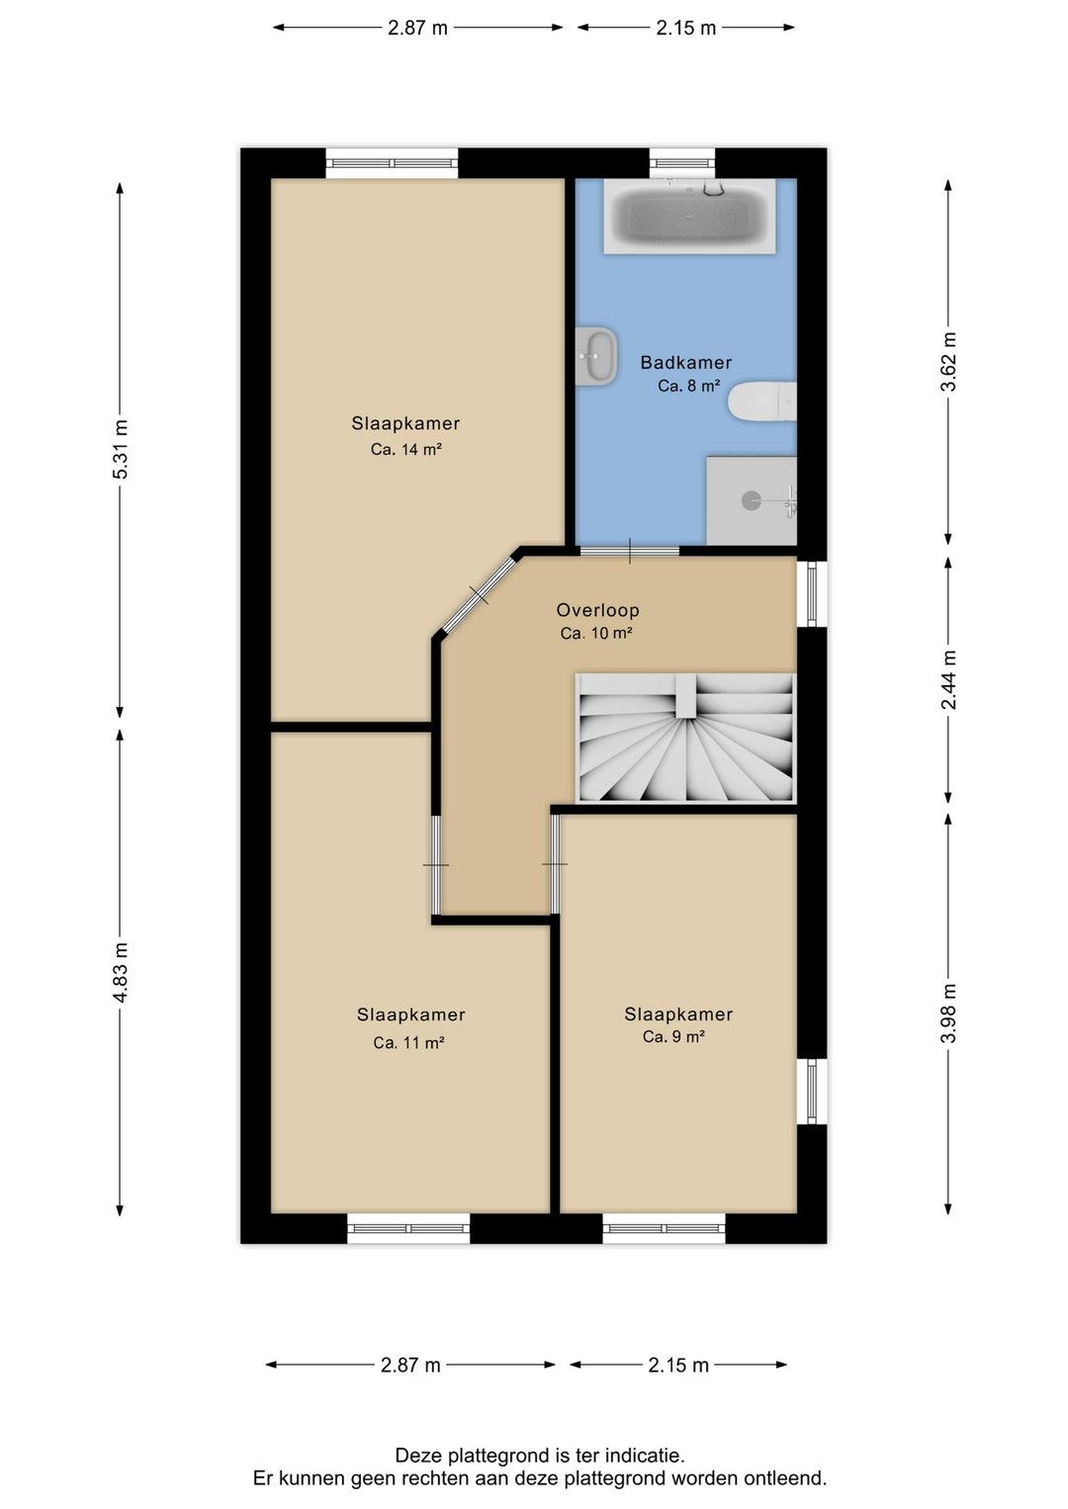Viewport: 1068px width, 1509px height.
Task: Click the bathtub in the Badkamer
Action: pos(689,217)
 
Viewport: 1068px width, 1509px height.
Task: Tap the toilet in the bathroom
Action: pos(762,401)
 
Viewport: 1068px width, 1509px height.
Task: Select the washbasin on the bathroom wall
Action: pos(596,356)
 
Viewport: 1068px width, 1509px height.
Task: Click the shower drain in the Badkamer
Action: pos(751,500)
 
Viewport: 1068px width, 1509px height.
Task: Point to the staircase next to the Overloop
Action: pos(686,739)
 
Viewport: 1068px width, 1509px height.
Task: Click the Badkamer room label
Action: pos(686,363)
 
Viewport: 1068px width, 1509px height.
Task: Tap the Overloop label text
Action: pos(597,610)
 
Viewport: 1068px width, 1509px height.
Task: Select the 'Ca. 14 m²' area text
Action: pos(405,449)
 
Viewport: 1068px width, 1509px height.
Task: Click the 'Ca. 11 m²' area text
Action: pos(408,1043)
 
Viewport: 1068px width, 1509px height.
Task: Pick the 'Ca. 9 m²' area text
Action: pos(673,1036)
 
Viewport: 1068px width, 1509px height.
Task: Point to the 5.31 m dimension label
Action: pos(121,449)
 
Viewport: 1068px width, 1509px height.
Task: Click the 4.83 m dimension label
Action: pos(121,973)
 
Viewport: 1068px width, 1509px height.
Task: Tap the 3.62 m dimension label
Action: pos(948,362)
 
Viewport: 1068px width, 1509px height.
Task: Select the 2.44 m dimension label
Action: pos(948,679)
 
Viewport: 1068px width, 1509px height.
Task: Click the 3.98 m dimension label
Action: pos(948,1014)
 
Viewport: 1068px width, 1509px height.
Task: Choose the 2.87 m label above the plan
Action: pos(417,29)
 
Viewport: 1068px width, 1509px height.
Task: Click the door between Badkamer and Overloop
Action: pos(629,552)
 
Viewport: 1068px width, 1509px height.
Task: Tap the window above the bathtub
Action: pos(682,163)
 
